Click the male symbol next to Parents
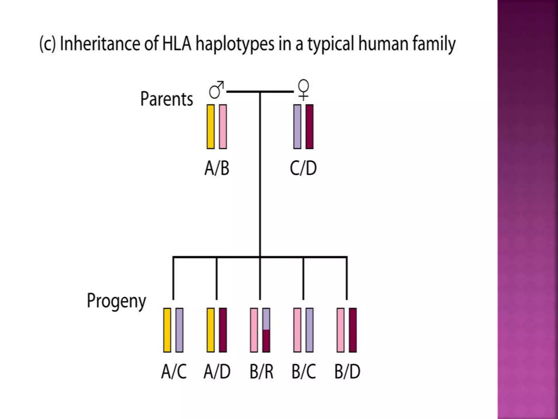click(216, 90)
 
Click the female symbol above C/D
click(304, 89)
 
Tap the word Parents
click(166, 99)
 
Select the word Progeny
click(116, 301)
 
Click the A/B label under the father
click(217, 168)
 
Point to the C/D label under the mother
click(303, 168)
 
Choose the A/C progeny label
click(174, 371)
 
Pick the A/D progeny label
click(217, 371)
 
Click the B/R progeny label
click(261, 371)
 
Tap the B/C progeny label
click(304, 371)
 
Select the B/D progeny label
click(347, 371)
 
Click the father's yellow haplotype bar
click(211, 127)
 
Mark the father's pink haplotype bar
click(223, 127)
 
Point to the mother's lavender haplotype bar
click(297, 127)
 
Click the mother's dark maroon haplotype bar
click(310, 127)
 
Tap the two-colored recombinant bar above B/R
click(266, 330)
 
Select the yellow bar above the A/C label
click(167, 330)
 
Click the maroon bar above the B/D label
click(353, 330)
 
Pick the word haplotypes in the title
click(235, 44)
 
